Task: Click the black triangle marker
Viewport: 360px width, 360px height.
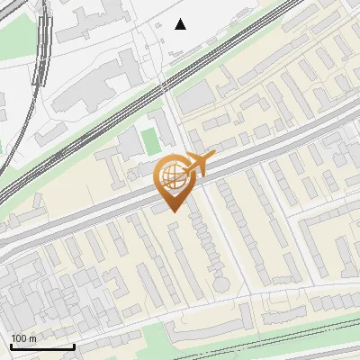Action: (x=181, y=24)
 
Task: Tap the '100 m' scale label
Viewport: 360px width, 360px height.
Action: (x=23, y=338)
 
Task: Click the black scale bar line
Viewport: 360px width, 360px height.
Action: (x=42, y=346)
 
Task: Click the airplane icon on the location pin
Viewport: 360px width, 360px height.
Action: (x=199, y=163)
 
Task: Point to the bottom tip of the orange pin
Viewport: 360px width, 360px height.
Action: (x=174, y=212)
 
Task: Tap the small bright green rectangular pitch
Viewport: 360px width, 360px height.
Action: (x=149, y=140)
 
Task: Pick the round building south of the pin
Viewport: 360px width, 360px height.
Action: (x=221, y=284)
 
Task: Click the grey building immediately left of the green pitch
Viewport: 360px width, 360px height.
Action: (x=129, y=141)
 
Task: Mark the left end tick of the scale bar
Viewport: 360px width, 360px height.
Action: (x=11, y=346)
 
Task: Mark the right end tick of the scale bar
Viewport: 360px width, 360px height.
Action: (x=74, y=346)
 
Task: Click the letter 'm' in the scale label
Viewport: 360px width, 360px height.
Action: (x=33, y=338)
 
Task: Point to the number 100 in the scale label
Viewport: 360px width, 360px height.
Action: (x=19, y=338)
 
